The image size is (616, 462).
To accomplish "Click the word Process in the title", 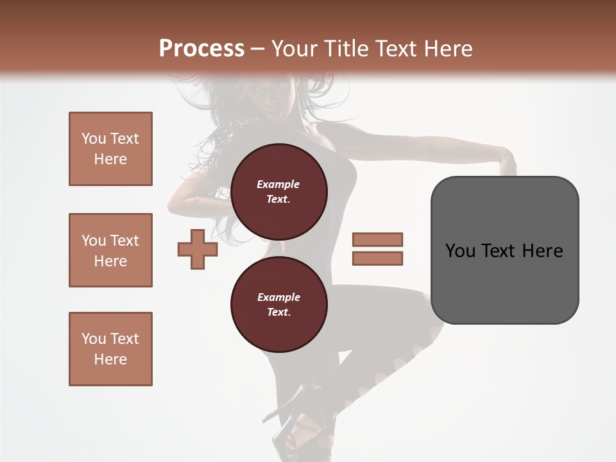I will tap(201, 48).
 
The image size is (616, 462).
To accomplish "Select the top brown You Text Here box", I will tap(110, 149).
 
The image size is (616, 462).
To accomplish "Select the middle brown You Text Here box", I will tap(110, 250).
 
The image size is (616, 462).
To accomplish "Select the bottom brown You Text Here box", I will tap(110, 349).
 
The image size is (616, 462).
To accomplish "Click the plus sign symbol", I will tap(198, 249).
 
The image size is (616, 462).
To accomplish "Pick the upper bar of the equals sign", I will tap(377, 239).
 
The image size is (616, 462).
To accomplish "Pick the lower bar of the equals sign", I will tap(377, 259).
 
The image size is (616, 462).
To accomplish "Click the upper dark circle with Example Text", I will tap(278, 191).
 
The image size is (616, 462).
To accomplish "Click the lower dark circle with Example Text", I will tap(278, 304).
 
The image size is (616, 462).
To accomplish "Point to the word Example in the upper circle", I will tap(278, 184).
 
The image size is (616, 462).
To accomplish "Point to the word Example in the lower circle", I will tap(278, 297).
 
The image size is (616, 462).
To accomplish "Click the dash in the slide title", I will tap(258, 49).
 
